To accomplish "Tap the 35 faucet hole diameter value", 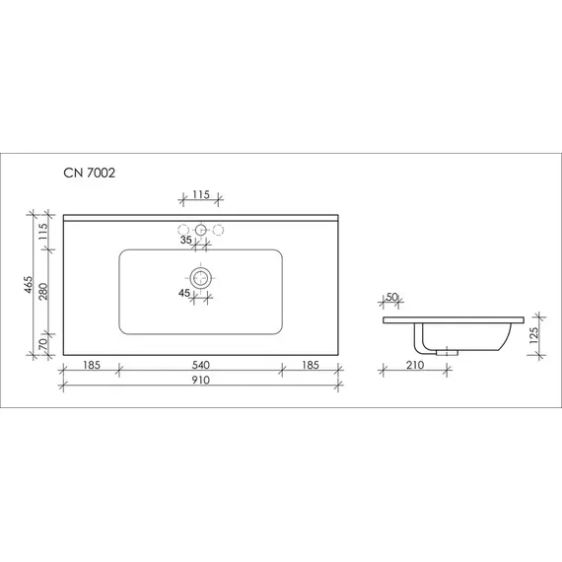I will coord(185,239).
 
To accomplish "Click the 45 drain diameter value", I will coord(184,292).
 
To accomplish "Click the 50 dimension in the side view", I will coord(392,297).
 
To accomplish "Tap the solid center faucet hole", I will coord(200,231).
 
